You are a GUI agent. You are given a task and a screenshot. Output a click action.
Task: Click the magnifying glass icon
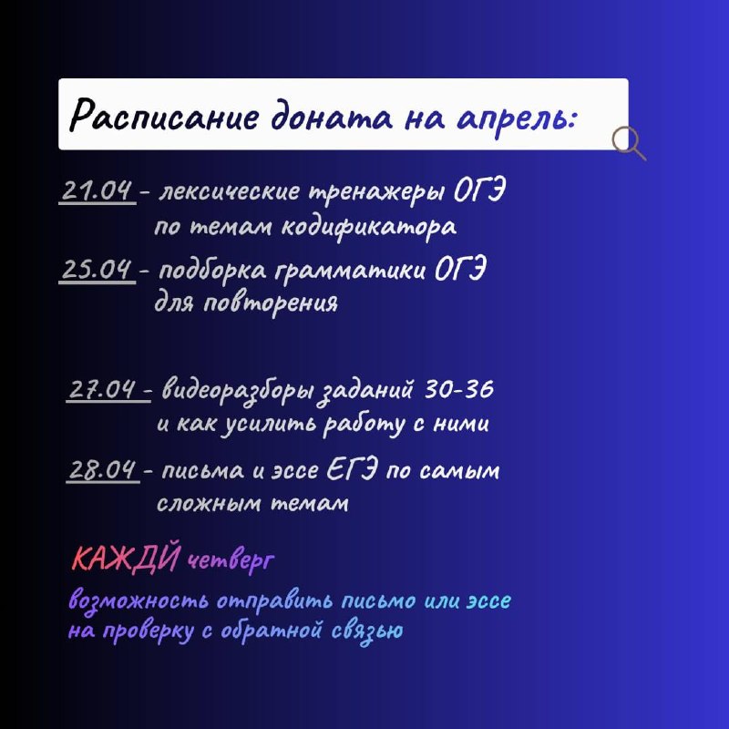629,144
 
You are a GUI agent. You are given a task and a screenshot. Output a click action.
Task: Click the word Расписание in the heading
163,116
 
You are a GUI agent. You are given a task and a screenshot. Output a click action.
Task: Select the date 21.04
97,190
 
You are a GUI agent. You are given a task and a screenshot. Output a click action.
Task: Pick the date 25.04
97,269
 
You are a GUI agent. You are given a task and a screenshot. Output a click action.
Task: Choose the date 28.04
103,469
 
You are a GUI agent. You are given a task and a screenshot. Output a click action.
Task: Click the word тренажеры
376,191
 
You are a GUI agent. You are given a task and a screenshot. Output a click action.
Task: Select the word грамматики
350,270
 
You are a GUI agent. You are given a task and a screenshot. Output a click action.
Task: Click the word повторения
271,303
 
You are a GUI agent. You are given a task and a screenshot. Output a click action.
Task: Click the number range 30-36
459,389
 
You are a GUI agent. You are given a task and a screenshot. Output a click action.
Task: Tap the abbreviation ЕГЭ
351,469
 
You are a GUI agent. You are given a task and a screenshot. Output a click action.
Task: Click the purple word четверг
231,560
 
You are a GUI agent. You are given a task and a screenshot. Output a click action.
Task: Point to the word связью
367,631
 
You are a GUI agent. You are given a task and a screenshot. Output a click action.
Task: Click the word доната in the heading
332,117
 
